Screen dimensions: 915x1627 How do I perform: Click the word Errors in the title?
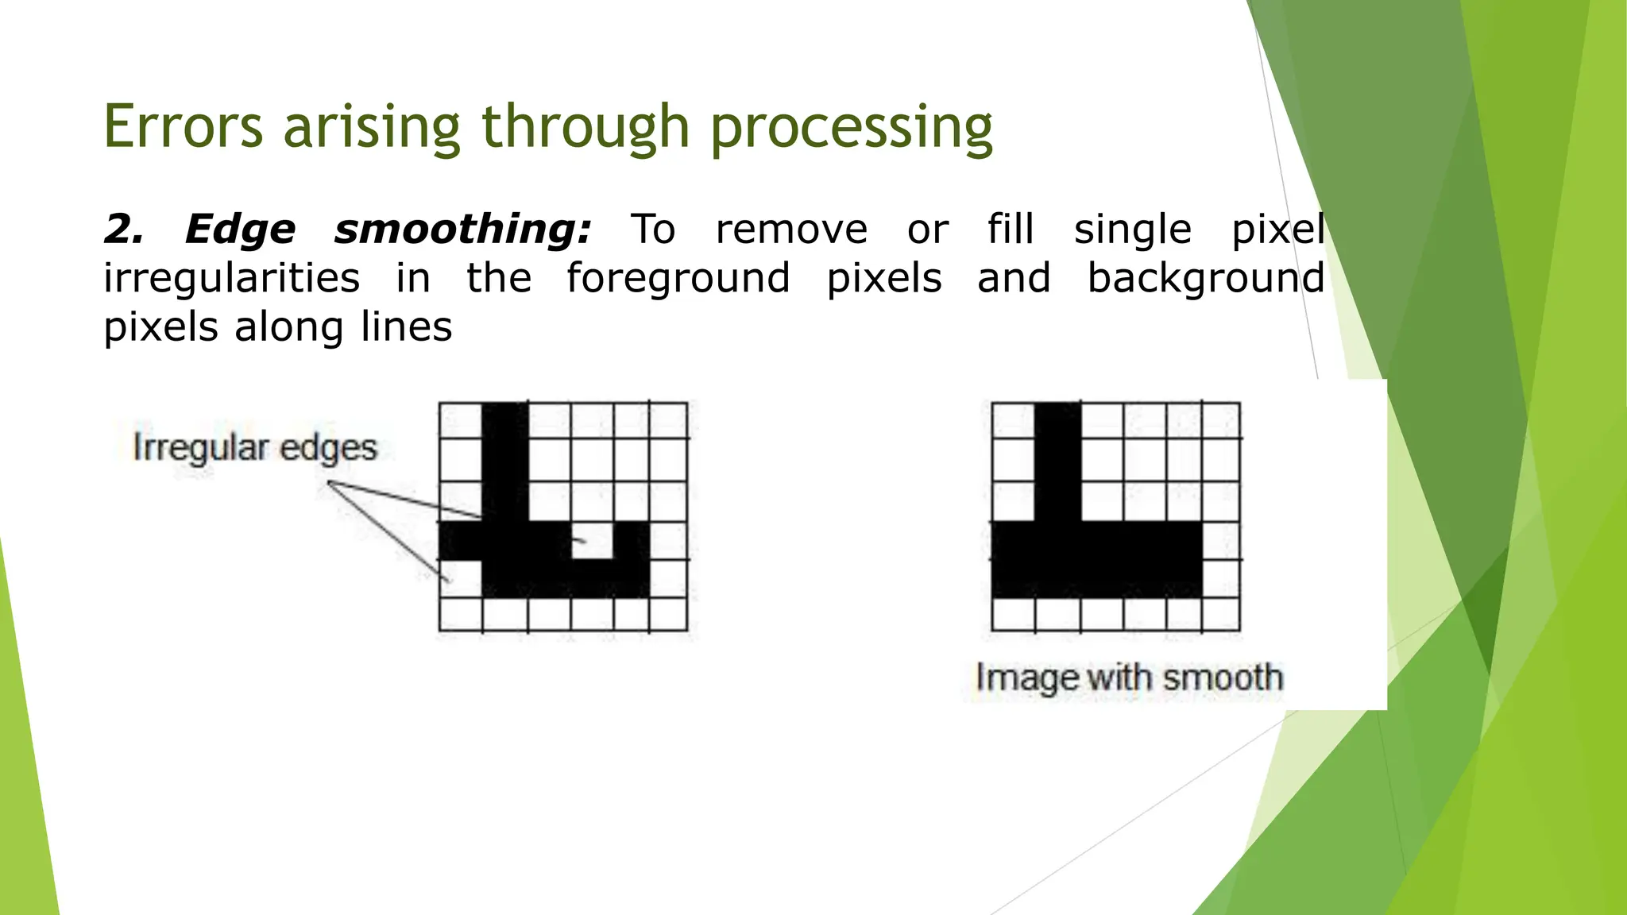(183, 127)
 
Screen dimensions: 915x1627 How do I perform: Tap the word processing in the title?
(851, 129)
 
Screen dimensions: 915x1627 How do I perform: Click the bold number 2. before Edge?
(125, 230)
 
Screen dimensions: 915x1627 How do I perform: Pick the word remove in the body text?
(791, 230)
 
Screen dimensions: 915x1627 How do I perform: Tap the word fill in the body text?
(1011, 230)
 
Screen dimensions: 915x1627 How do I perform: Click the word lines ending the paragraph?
(406, 327)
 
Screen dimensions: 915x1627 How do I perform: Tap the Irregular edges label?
(254, 448)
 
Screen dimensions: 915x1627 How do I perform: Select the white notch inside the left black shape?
(592, 540)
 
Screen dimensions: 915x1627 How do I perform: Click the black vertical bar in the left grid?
(504, 461)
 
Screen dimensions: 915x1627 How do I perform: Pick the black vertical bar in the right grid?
(1057, 461)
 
